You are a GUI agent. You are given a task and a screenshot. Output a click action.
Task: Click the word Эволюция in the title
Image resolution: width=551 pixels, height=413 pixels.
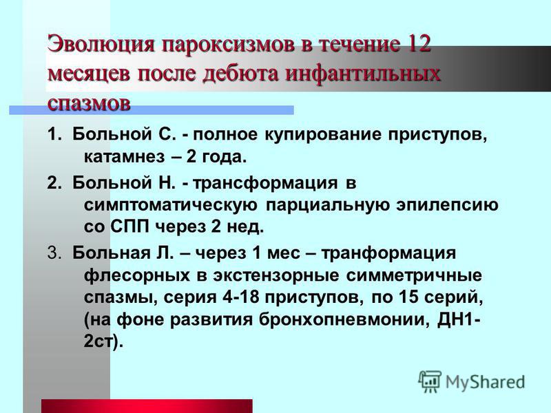[x=101, y=44]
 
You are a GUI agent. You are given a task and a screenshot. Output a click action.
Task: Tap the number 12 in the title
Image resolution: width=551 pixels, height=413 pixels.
[x=417, y=44]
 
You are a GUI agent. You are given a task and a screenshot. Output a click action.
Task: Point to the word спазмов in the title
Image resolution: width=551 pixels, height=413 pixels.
[x=90, y=103]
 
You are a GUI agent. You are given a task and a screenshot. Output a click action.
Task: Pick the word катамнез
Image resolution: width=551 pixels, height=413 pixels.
[x=124, y=157]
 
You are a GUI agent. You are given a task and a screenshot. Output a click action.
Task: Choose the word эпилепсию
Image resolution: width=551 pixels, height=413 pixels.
[x=447, y=205]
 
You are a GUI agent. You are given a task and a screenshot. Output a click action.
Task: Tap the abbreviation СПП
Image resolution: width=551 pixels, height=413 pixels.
[x=130, y=227]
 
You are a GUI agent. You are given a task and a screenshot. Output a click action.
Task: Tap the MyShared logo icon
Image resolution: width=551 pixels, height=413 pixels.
[x=429, y=381]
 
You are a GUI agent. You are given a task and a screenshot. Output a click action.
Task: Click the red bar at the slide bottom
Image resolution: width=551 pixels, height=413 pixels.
[x=147, y=406]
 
